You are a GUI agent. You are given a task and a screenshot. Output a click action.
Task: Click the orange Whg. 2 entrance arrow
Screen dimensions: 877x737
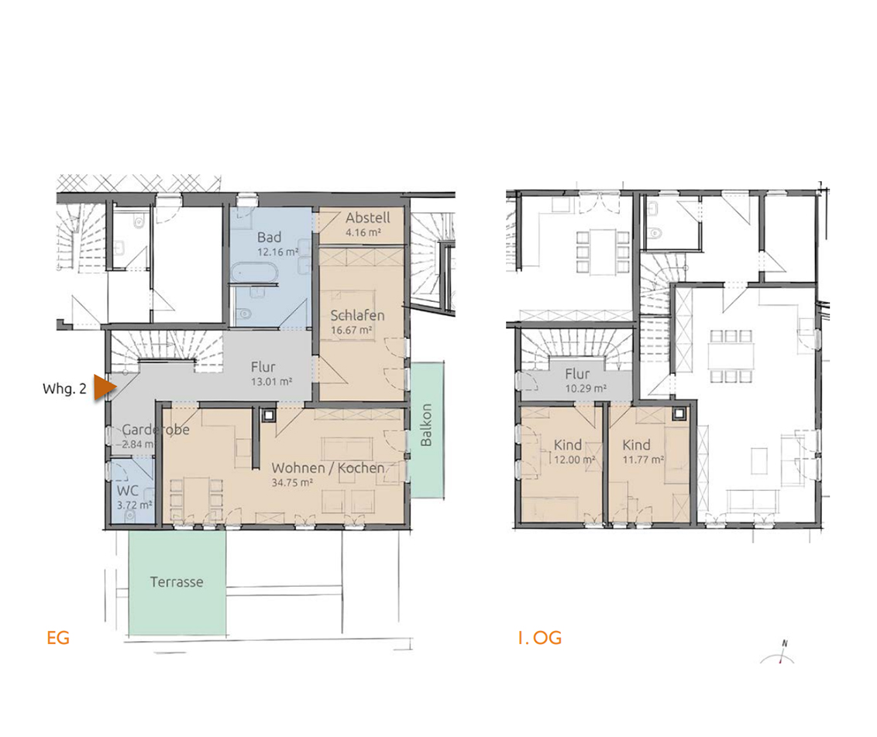point(104,388)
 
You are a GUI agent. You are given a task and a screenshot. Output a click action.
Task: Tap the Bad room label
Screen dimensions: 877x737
point(269,237)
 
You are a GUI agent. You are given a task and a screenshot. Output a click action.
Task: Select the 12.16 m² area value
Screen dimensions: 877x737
point(278,252)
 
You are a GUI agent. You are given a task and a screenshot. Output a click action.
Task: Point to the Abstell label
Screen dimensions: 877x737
point(367,218)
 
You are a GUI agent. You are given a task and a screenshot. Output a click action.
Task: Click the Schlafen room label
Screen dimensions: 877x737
point(357,315)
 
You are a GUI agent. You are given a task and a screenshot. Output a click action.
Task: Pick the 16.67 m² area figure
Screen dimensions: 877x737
point(351,331)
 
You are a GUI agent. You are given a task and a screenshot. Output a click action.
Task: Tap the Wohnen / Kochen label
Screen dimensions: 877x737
point(328,468)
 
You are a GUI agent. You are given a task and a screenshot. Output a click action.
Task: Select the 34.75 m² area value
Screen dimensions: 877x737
point(292,483)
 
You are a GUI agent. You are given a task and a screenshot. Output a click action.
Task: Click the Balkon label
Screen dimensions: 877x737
point(426,425)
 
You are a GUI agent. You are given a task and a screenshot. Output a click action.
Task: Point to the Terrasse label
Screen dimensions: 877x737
point(177,582)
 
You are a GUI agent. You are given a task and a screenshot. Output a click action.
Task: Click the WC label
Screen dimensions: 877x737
point(128,491)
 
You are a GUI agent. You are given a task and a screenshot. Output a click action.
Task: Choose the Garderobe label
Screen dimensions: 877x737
point(156,430)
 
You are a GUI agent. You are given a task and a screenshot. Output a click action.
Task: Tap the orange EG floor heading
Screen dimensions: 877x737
point(58,638)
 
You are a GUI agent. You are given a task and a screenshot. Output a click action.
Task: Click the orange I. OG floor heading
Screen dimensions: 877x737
point(540,638)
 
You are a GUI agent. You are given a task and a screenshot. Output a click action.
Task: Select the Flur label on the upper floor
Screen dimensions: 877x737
point(577,373)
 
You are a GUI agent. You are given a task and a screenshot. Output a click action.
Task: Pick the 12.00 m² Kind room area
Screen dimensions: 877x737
point(574,460)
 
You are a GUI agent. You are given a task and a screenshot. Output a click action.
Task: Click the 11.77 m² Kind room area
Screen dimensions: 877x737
point(643,460)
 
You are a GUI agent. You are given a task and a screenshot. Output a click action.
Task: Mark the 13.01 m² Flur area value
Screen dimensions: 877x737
point(271,382)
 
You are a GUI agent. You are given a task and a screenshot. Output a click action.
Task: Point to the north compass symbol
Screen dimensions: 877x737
point(779,653)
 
